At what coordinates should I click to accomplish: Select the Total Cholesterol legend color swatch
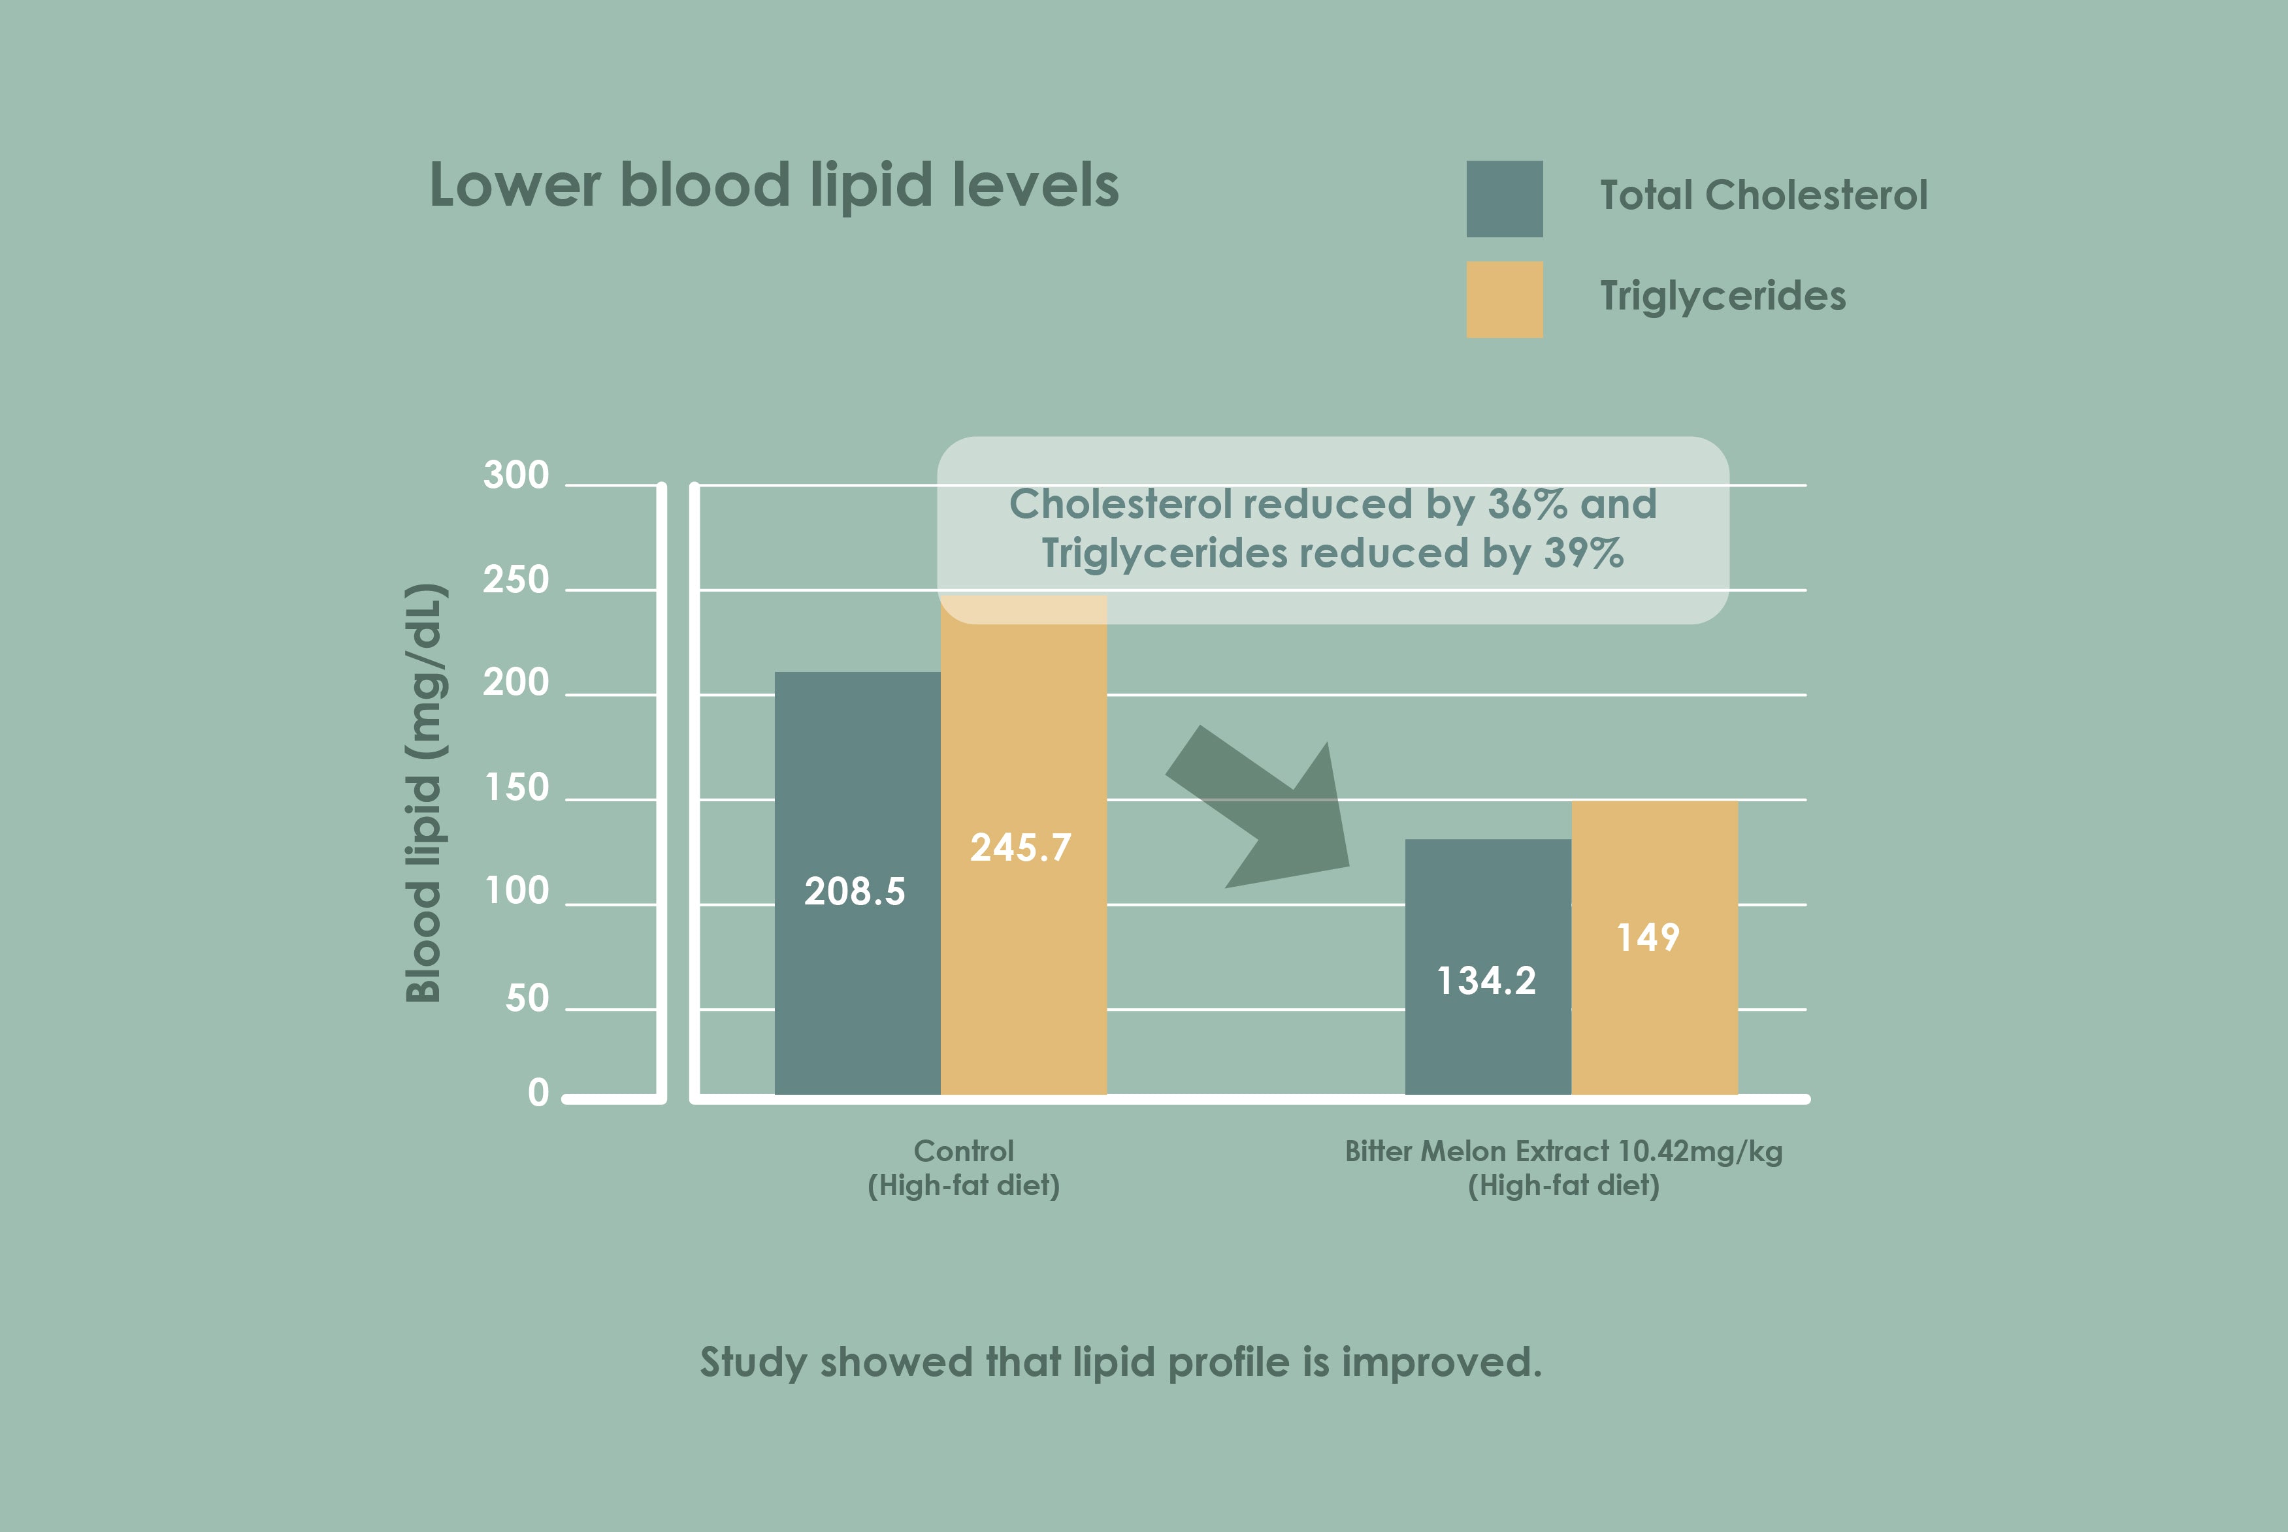(x=1504, y=199)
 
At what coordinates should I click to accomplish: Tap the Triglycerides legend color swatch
(x=1504, y=300)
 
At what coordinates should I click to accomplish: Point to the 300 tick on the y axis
(x=516, y=476)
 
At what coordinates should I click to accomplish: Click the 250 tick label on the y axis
(x=516, y=581)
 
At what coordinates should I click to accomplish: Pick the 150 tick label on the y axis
(x=517, y=788)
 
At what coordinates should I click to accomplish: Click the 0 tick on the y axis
(x=538, y=1093)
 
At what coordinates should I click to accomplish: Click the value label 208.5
(x=854, y=892)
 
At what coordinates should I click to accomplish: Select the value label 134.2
(x=1486, y=981)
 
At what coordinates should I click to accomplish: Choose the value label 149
(x=1648, y=938)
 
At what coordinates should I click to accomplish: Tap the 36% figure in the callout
(x=1528, y=504)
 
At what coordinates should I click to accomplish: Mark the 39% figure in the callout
(x=1583, y=554)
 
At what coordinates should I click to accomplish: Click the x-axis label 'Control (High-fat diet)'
(x=964, y=1168)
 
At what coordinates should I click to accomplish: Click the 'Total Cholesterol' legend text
(x=1763, y=195)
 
